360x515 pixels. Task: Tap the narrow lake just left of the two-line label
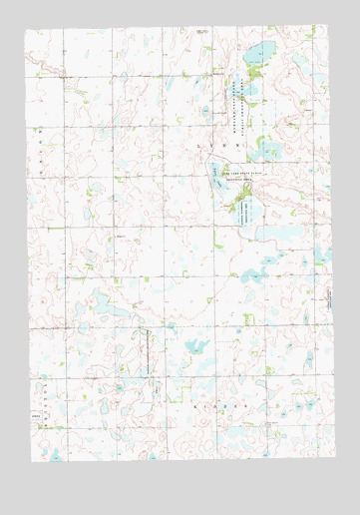point(214,177)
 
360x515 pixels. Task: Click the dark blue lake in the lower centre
point(195,348)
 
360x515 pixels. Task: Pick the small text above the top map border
point(202,31)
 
